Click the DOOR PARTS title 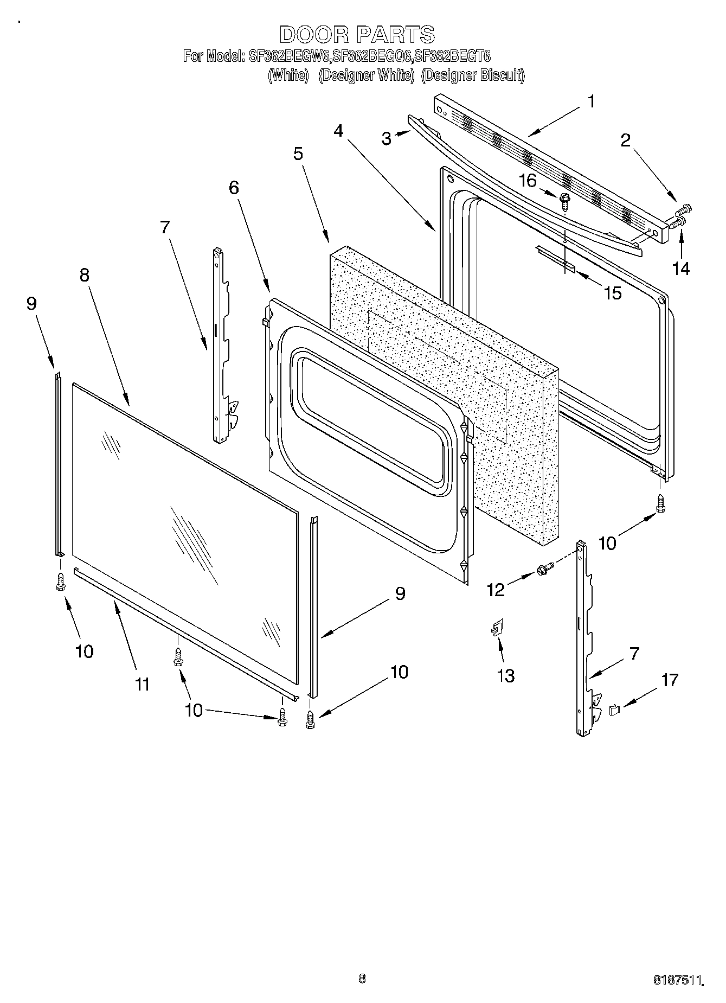tap(357, 35)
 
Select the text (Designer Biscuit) tap(473, 75)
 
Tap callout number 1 tap(591, 101)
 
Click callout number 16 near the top tap(527, 180)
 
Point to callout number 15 tap(612, 293)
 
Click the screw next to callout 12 tap(544, 568)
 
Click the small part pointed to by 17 tap(615, 709)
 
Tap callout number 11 tap(142, 685)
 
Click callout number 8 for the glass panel tap(84, 275)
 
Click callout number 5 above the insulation tap(298, 154)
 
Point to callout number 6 tap(234, 188)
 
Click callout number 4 tap(338, 131)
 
